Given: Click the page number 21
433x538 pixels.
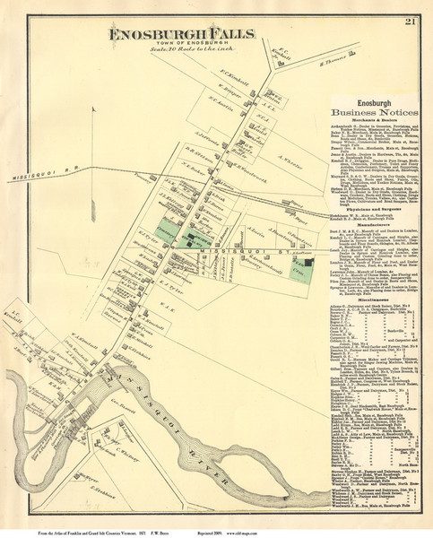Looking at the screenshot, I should (x=407, y=22).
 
